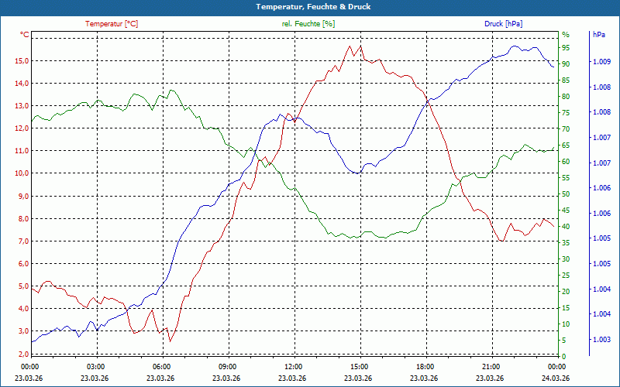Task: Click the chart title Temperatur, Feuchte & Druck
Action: [310, 6]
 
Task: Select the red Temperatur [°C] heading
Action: [113, 24]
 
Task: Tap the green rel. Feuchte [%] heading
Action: [308, 24]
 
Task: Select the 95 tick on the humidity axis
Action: [566, 48]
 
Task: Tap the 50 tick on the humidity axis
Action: [566, 194]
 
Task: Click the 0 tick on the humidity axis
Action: [563, 357]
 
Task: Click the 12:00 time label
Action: [294, 366]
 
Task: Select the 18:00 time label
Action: [425, 366]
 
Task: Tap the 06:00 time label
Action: [162, 366]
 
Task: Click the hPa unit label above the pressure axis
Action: [598, 35]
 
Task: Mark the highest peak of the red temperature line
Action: [360, 46]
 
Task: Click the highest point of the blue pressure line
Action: [515, 46]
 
